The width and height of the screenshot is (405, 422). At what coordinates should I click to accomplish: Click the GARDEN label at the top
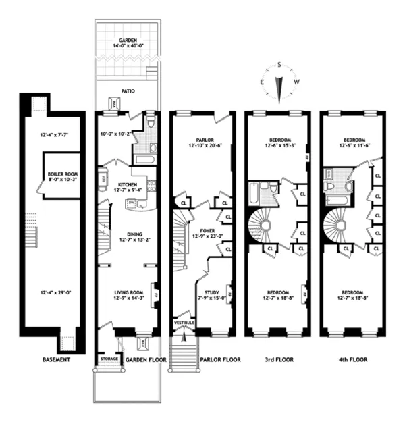pyautogui.click(x=128, y=41)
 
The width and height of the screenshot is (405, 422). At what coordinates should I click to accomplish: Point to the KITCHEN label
pyautogui.click(x=128, y=184)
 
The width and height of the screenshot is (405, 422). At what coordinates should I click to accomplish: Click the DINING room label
pyautogui.click(x=128, y=234)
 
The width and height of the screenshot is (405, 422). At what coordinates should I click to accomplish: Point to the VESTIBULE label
pyautogui.click(x=184, y=323)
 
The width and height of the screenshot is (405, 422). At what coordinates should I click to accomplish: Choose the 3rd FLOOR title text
pyautogui.click(x=277, y=360)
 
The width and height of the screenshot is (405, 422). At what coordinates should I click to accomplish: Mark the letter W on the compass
pyautogui.click(x=297, y=82)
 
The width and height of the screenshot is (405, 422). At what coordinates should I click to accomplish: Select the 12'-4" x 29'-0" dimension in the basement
pyautogui.click(x=55, y=293)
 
